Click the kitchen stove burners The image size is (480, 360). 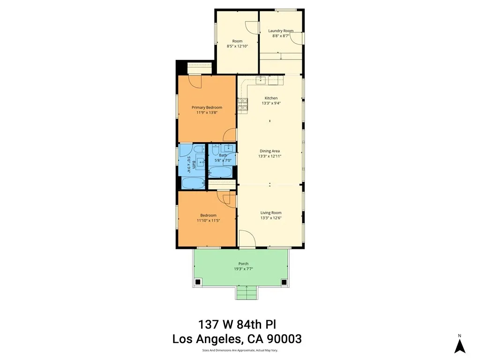coord(242,105)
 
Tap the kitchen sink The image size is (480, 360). coord(261,80)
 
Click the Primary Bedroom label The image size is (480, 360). coord(207,107)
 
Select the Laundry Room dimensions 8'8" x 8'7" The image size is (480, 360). coord(281,36)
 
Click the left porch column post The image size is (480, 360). coord(198,282)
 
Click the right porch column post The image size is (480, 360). coord(284,282)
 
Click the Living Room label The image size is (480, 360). coord(271,213)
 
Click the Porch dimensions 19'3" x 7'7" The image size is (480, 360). coord(243,269)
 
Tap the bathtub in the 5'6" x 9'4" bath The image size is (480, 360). coord(192,182)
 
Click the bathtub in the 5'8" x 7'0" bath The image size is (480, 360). coord(220,172)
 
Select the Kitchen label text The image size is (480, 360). coord(271,98)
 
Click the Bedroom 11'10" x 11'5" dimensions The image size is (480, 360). coord(207,220)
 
